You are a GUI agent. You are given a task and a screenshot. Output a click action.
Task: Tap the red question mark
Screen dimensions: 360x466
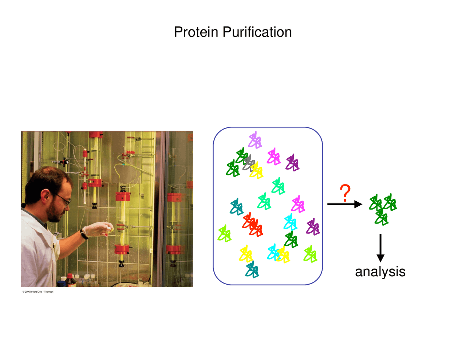pyautogui.click(x=345, y=193)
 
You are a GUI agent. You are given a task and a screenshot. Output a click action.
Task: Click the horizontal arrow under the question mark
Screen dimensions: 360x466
pyautogui.click(x=344, y=204)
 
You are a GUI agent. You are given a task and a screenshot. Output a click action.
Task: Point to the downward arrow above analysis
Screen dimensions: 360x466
pyautogui.click(x=380, y=248)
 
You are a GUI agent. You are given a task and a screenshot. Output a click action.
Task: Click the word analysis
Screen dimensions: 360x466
pyautogui.click(x=380, y=272)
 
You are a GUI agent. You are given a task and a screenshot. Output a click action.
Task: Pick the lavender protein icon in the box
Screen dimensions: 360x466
pyautogui.click(x=255, y=141)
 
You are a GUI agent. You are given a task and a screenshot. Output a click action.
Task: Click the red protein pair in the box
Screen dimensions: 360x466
pyautogui.click(x=252, y=225)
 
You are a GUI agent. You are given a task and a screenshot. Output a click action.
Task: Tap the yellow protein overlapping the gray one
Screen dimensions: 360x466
pyautogui.click(x=257, y=170)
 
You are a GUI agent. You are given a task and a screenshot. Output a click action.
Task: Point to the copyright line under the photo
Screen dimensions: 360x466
pyautogui.click(x=38, y=292)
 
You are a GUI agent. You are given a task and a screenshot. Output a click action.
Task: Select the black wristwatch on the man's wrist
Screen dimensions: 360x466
pyautogui.click(x=84, y=235)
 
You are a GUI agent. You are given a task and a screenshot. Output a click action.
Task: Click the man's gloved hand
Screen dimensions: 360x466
pyautogui.click(x=95, y=230)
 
